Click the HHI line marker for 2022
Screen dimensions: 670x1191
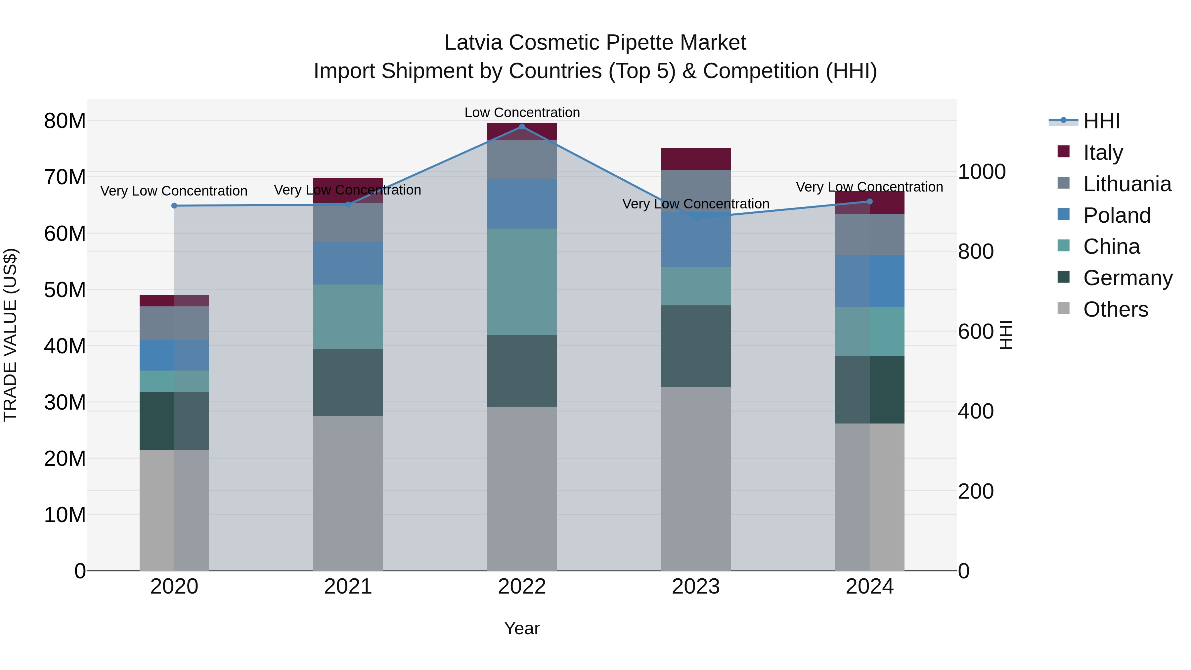[x=522, y=127]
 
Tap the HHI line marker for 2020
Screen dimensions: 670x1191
[x=174, y=206]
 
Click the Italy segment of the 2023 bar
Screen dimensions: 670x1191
[x=695, y=159]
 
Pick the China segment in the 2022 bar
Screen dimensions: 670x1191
[x=522, y=282]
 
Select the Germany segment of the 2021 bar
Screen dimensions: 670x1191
[x=348, y=382]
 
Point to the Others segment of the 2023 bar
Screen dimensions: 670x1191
[x=695, y=478]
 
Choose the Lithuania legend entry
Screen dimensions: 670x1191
[x=1127, y=184]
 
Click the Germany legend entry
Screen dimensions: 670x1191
[x=1127, y=278]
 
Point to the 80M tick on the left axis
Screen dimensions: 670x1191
[x=65, y=121]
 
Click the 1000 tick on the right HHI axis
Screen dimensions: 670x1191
[x=981, y=172]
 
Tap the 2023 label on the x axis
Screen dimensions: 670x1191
[x=695, y=587]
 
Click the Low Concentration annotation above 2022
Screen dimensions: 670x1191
[x=522, y=112]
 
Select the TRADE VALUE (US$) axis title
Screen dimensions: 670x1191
[x=10, y=335]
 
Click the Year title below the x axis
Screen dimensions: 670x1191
[x=522, y=628]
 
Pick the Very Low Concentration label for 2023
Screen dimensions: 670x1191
[x=695, y=204]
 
